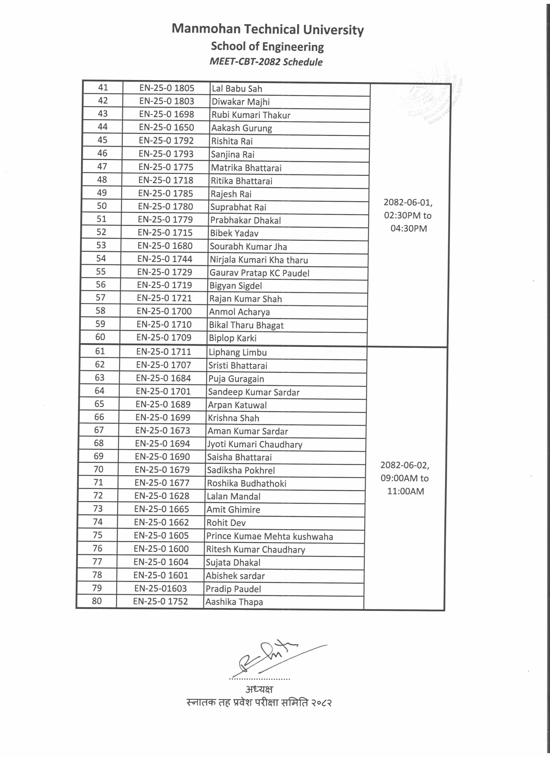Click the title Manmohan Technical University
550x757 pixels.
(267, 29)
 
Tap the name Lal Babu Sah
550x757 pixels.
(237, 89)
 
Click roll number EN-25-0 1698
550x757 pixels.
(167, 114)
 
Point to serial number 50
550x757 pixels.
(102, 206)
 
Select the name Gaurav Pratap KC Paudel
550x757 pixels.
(259, 273)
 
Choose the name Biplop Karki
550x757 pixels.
(233, 338)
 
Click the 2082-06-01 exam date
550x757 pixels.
(408, 203)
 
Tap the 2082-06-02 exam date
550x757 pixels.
(405, 465)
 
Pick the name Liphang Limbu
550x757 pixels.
(237, 352)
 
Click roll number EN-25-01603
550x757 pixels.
(160, 588)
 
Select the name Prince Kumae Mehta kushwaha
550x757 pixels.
(269, 536)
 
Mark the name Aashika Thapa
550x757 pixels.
(234, 602)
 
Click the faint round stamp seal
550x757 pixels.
(430, 97)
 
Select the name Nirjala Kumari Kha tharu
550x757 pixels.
(258, 260)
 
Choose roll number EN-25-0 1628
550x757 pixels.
(162, 496)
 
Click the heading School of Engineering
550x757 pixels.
(267, 46)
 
